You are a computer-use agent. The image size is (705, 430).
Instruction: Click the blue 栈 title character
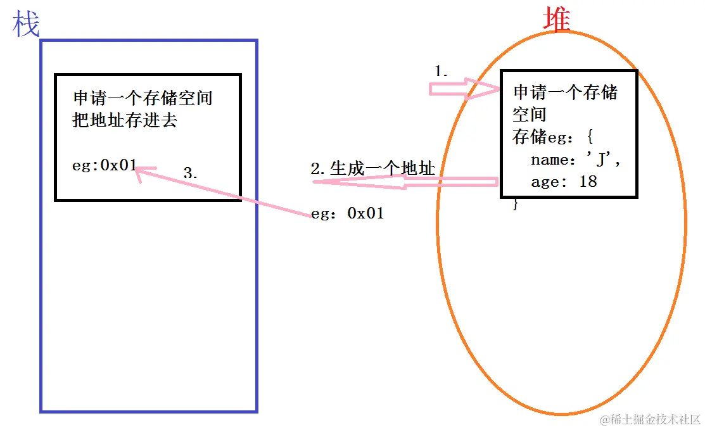click(x=25, y=24)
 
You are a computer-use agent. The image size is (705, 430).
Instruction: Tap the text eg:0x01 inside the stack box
click(x=105, y=166)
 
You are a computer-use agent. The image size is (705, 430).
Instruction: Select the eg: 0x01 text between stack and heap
click(x=348, y=213)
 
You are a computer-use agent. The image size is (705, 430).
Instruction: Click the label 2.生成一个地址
click(x=372, y=168)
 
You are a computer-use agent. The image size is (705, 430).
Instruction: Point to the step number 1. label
click(x=441, y=72)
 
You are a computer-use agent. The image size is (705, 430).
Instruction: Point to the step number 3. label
click(x=190, y=173)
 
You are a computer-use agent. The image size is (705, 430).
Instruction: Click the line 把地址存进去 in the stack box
click(x=125, y=120)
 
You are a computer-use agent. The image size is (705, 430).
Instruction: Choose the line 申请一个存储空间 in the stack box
click(x=143, y=98)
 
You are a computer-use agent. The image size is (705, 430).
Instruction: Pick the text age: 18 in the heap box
click(x=564, y=182)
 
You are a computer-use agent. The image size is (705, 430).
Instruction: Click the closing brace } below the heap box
click(x=516, y=204)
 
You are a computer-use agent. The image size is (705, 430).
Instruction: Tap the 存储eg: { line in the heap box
click(x=552, y=136)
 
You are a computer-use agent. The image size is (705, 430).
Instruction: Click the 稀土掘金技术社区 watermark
click(x=651, y=419)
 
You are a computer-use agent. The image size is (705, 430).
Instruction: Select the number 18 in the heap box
click(x=588, y=182)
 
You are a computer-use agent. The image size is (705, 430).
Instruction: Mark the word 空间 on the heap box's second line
click(x=529, y=115)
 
